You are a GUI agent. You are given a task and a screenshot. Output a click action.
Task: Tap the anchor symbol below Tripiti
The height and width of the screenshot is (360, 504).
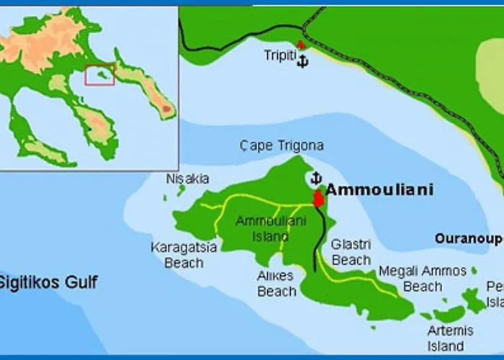pos(302,61)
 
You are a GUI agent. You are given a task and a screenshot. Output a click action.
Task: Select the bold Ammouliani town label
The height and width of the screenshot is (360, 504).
pos(379,190)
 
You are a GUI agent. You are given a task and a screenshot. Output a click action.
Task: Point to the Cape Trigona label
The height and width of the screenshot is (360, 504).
pos(282,146)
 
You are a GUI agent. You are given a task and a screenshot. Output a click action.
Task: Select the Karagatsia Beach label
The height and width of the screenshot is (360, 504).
pos(184,255)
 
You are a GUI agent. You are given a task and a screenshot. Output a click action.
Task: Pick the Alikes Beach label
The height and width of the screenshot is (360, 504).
pos(276,283)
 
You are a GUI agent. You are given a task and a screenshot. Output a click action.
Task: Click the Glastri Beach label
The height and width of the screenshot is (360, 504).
pos(351,252)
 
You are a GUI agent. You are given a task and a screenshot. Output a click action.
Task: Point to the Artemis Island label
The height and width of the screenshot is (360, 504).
pos(449,338)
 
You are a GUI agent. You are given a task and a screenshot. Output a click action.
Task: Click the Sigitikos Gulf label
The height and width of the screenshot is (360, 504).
pos(48,282)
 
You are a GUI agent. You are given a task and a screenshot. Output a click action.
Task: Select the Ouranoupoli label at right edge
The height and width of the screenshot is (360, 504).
pos(469,238)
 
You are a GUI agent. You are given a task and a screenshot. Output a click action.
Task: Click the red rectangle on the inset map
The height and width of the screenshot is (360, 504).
pos(99,75)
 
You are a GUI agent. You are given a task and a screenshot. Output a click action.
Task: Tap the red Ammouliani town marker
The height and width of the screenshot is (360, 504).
pos(318,199)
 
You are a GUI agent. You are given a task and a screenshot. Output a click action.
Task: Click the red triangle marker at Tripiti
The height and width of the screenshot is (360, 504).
pos(301,44)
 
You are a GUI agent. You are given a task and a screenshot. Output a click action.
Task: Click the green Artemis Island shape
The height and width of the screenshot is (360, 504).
pos(450,314)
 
